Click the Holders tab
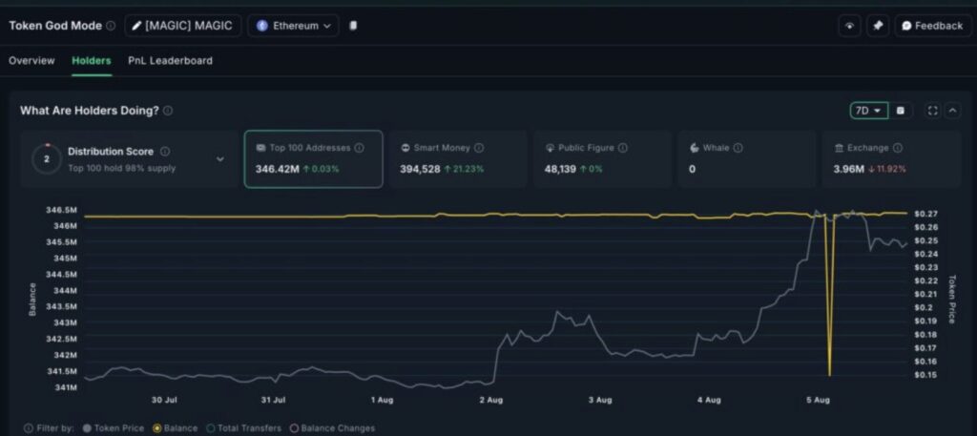(91, 60)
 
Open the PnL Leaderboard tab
(170, 60)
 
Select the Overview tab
(31, 60)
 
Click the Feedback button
(932, 26)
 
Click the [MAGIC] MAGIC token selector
(183, 26)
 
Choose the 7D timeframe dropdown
(868, 111)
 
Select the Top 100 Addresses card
(313, 158)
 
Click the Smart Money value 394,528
(421, 169)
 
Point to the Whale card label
(716, 148)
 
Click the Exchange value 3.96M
(847, 169)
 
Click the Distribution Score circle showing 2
(47, 159)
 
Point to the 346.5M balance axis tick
(63, 209)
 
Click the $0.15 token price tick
(925, 375)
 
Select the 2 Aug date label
(490, 400)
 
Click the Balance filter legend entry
(175, 428)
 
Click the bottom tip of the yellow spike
(829, 375)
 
